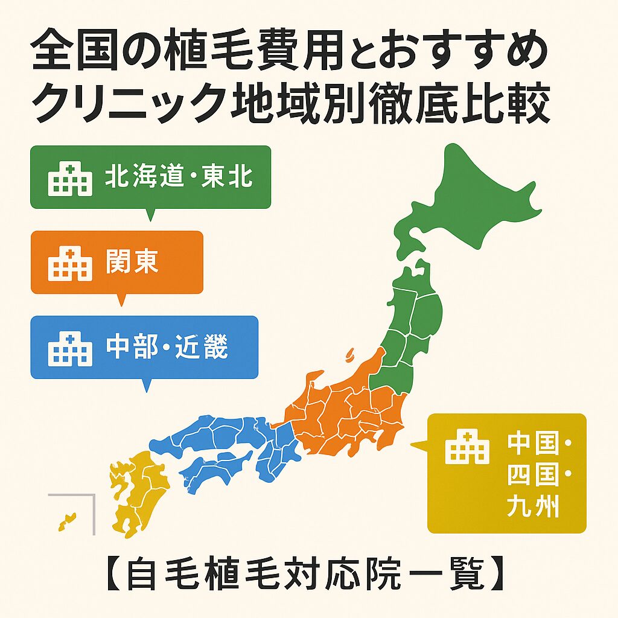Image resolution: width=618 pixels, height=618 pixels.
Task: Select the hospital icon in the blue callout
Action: click(x=70, y=349)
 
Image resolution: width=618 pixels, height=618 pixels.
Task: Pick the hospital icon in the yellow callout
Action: click(x=467, y=447)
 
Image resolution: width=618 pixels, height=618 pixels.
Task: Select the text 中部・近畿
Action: click(x=167, y=348)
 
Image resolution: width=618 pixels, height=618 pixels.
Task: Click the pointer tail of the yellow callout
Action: click(x=418, y=447)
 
